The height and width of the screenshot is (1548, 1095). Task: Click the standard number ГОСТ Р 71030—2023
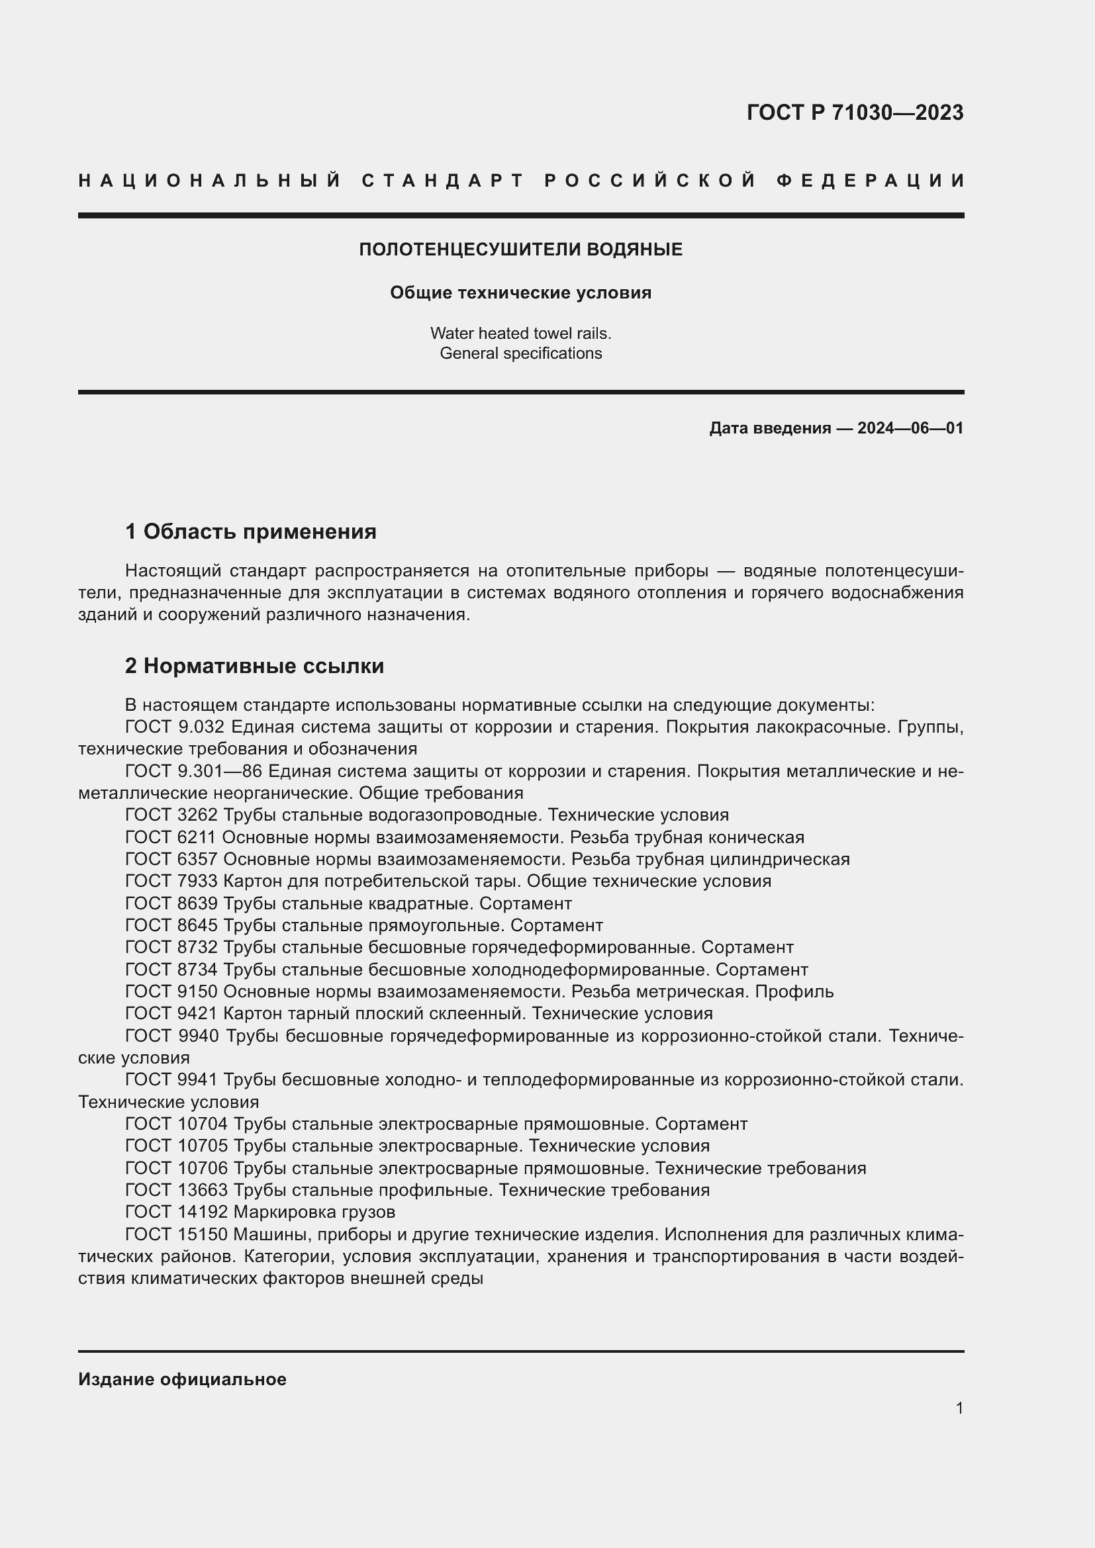854,113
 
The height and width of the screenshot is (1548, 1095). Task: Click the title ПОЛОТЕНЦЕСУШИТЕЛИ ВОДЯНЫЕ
520,250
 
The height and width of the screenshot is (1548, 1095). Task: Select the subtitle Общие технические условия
520,293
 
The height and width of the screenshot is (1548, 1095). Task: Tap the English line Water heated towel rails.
520,333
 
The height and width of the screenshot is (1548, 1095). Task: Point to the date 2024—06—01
910,428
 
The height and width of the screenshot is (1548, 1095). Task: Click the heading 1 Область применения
251,532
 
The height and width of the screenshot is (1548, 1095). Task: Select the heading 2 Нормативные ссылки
254,666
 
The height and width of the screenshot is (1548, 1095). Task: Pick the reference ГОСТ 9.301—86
193,770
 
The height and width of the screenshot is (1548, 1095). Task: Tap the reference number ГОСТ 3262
171,815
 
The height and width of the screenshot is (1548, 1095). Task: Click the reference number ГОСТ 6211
171,837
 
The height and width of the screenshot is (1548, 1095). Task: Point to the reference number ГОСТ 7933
171,881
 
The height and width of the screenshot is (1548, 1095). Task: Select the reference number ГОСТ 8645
171,925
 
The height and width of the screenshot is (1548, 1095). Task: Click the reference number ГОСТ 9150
171,992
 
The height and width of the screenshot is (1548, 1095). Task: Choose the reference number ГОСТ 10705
177,1146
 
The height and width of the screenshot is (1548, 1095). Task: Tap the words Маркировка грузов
314,1212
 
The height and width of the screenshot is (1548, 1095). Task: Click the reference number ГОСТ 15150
177,1234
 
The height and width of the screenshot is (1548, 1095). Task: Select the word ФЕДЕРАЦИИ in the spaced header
871,181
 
